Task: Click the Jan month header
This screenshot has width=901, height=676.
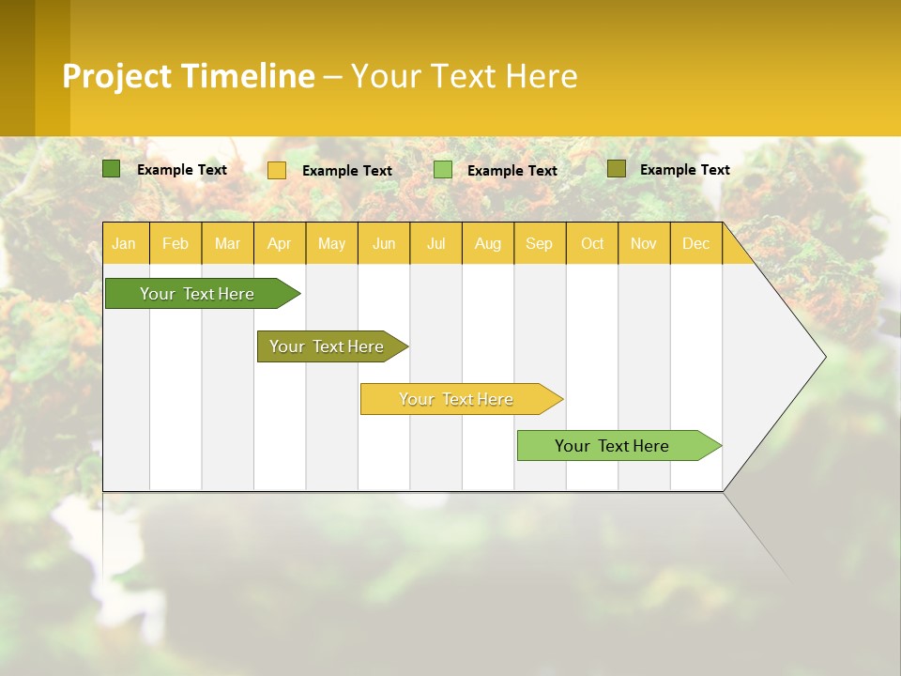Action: pos(124,243)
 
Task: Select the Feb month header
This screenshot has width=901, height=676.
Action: pos(176,243)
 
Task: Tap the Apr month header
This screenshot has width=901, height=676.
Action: pos(279,243)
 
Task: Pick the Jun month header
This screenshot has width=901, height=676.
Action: pos(384,243)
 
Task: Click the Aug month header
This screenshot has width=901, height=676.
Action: pos(487,243)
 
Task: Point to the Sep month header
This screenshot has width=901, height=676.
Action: pos(539,243)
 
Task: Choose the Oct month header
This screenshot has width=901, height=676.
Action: pos(592,243)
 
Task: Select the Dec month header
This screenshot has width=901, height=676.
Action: pos(695,243)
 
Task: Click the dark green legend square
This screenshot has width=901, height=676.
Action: pos(111,169)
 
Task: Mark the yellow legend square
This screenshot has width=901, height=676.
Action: pos(277,170)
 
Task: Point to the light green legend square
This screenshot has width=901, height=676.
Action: pos(443,170)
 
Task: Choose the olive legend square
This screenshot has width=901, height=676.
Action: pos(616,169)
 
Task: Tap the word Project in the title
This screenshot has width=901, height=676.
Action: pos(117,76)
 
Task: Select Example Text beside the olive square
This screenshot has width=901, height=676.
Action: pos(684,170)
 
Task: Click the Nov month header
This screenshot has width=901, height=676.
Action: pos(643,243)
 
